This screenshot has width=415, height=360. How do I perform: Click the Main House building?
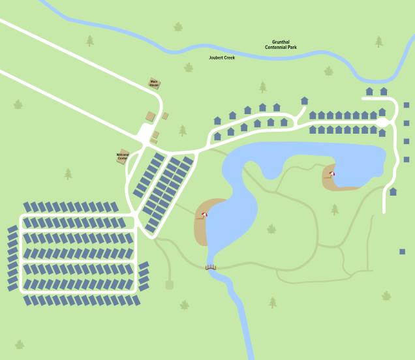pyautogui.click(x=155, y=83)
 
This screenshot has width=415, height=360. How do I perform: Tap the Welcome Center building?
pyautogui.click(x=123, y=156)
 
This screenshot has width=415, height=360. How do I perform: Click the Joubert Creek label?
pyautogui.click(x=221, y=57)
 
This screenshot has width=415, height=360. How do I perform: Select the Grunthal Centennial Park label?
pyautogui.click(x=281, y=44)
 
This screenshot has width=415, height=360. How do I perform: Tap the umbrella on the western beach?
pyautogui.click(x=205, y=215)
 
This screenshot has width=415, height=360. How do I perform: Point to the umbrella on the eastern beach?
pyautogui.click(x=332, y=173)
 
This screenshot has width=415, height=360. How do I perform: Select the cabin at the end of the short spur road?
pyautogui.click(x=304, y=100)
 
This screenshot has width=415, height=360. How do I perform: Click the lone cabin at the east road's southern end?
pyautogui.click(x=393, y=192)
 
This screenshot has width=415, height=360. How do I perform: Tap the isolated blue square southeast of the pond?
pyautogui.click(x=403, y=251)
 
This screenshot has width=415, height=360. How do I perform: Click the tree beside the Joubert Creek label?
pyautogui.click(x=189, y=67)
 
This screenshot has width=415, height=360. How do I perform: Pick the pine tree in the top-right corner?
pyautogui.click(x=378, y=42)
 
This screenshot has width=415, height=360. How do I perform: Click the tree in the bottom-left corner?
pyautogui.click(x=20, y=344)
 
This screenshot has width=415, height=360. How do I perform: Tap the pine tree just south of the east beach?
pyautogui.click(x=335, y=209)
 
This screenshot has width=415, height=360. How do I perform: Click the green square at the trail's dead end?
pyautogui.click(x=170, y=284)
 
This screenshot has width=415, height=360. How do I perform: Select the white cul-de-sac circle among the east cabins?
pyautogui.click(x=382, y=122)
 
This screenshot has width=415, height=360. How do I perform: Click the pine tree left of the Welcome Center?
pyautogui.click(x=68, y=174)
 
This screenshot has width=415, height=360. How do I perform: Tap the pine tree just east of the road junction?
pyautogui.click(x=183, y=130)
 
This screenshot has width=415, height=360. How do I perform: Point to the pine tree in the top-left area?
pyautogui.click(x=89, y=40)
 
